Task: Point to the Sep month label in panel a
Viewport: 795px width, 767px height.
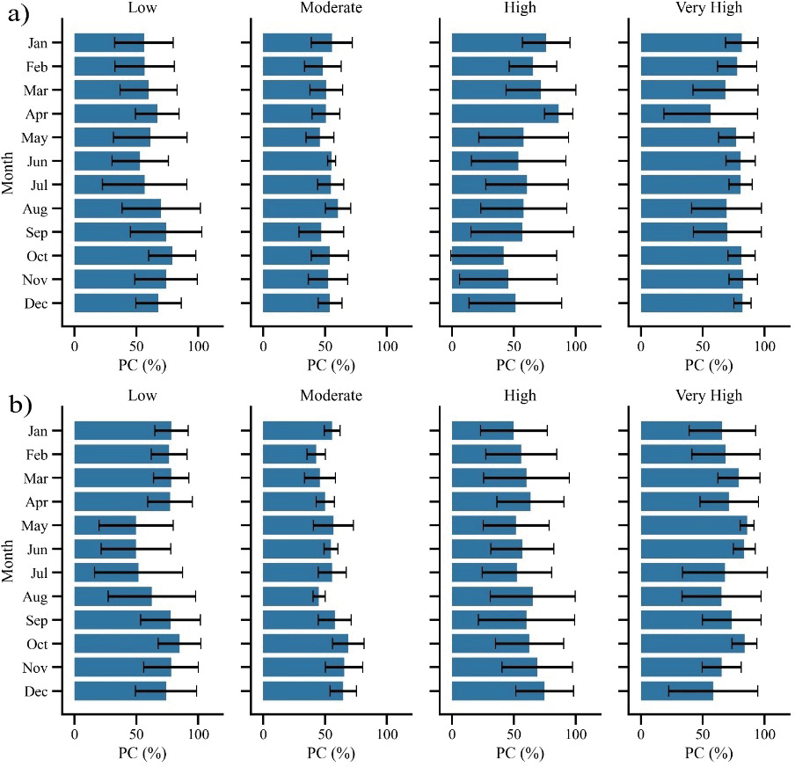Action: pos(48,232)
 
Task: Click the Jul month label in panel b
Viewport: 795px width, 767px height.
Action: pos(50,573)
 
